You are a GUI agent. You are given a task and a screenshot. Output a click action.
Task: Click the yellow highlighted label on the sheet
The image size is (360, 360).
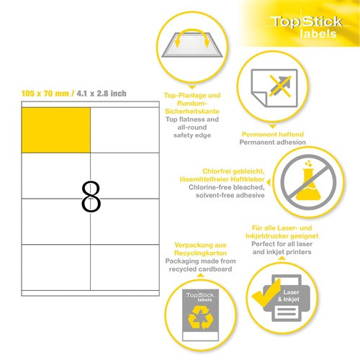click(x=56, y=130)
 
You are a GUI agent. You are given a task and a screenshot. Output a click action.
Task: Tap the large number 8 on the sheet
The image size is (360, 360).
click(x=91, y=197)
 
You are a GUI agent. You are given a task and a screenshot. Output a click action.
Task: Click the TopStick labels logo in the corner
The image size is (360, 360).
click(x=307, y=27)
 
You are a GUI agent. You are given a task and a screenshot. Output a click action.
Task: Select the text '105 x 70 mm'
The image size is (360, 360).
click(x=45, y=94)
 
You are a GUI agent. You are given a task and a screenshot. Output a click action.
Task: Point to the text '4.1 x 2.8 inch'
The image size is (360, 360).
click(x=102, y=94)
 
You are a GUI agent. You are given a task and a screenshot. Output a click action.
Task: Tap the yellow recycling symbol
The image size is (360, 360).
click(x=201, y=318)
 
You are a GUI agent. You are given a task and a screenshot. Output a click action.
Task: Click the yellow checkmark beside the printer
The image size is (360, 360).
click(x=266, y=292)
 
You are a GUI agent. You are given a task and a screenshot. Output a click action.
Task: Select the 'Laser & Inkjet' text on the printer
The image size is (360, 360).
click(x=289, y=296)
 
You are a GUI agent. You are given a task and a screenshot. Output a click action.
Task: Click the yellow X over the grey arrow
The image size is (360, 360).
click(x=280, y=86)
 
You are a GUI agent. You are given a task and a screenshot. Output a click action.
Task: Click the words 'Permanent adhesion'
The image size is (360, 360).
click(x=273, y=142)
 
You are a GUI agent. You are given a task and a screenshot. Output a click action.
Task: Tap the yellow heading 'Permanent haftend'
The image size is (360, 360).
click(x=273, y=134)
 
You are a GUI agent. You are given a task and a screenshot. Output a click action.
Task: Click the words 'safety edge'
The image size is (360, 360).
click(x=192, y=135)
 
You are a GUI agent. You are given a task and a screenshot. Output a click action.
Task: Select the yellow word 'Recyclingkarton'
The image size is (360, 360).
click(x=200, y=253)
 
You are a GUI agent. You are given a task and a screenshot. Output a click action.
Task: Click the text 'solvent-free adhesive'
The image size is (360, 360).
click(x=230, y=195)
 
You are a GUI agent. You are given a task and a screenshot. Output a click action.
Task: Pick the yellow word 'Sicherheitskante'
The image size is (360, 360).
click(x=192, y=111)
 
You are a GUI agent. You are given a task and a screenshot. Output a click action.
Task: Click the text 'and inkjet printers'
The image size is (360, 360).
click(x=282, y=252)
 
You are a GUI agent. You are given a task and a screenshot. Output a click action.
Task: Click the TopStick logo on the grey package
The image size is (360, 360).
click(x=200, y=297)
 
